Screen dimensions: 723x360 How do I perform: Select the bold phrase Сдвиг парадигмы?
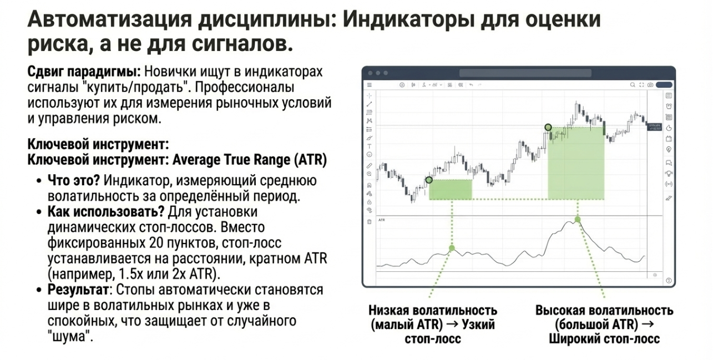(x=84, y=72)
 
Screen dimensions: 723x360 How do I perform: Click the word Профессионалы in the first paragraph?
(x=245, y=88)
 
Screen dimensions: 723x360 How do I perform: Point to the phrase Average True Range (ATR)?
(x=250, y=160)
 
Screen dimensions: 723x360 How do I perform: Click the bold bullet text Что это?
(x=74, y=181)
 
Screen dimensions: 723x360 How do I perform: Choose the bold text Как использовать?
(x=106, y=212)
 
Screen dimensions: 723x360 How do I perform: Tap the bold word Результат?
(x=78, y=290)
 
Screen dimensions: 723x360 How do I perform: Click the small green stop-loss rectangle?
(x=450, y=190)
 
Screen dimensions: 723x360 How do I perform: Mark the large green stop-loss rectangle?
(x=576, y=163)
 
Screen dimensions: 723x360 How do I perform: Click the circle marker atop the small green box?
(x=429, y=180)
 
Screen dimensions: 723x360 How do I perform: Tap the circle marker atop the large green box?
(x=548, y=127)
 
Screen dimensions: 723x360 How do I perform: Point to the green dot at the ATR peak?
(x=578, y=220)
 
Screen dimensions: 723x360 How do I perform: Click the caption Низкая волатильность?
(x=433, y=310)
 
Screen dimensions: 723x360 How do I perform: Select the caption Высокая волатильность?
(x=604, y=310)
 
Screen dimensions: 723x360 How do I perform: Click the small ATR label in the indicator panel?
(x=382, y=220)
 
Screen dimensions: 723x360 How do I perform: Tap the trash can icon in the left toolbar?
(x=369, y=222)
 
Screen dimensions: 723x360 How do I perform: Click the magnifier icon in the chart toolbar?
(x=633, y=85)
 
